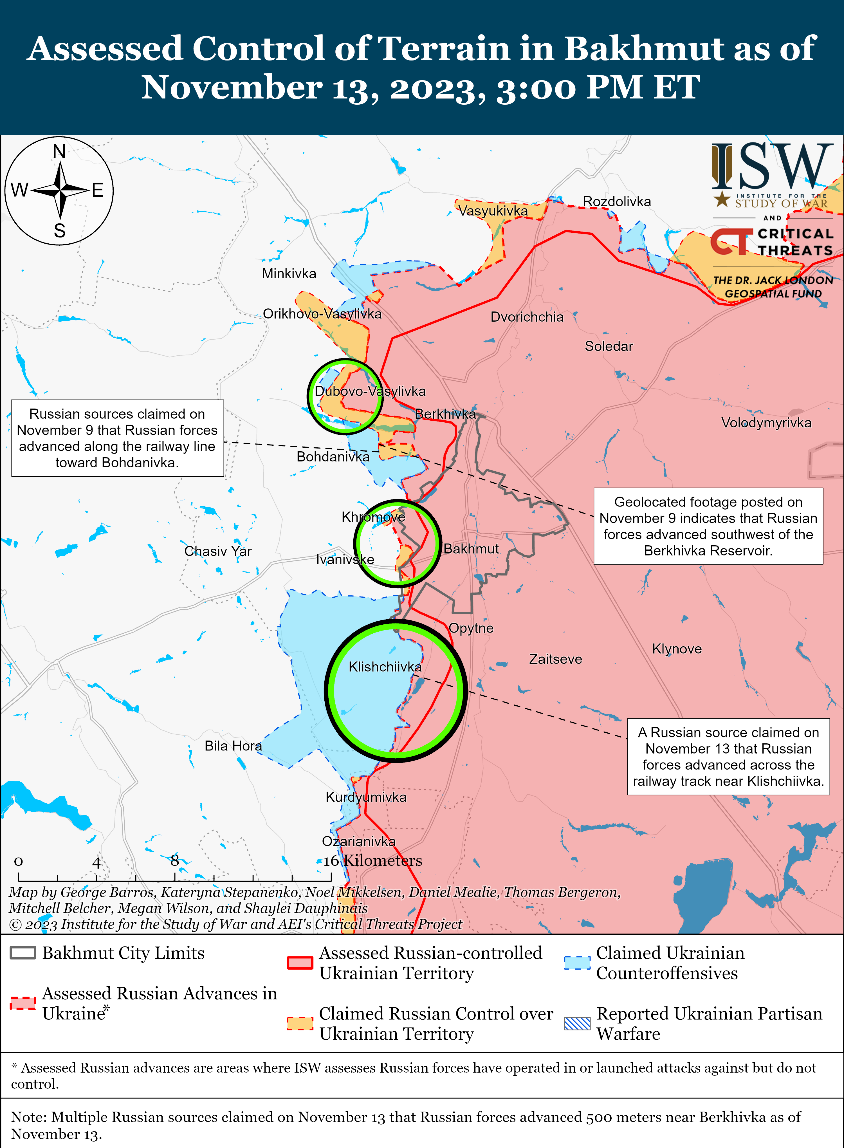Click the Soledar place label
609,346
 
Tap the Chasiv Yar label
218,551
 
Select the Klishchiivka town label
385,667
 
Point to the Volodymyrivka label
766,423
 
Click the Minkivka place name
289,274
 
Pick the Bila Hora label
233,746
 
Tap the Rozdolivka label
617,202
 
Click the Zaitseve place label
555,659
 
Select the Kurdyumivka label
366,797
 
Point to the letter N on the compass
59,152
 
